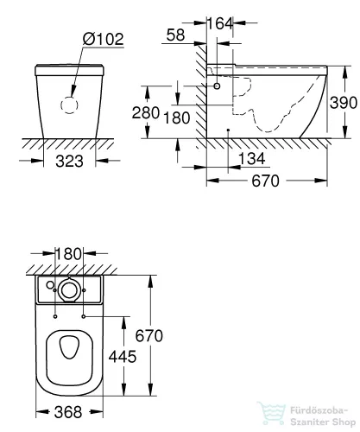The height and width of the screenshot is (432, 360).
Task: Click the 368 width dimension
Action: [71, 410]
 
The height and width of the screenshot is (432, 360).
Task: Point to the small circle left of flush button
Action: [50, 285]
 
